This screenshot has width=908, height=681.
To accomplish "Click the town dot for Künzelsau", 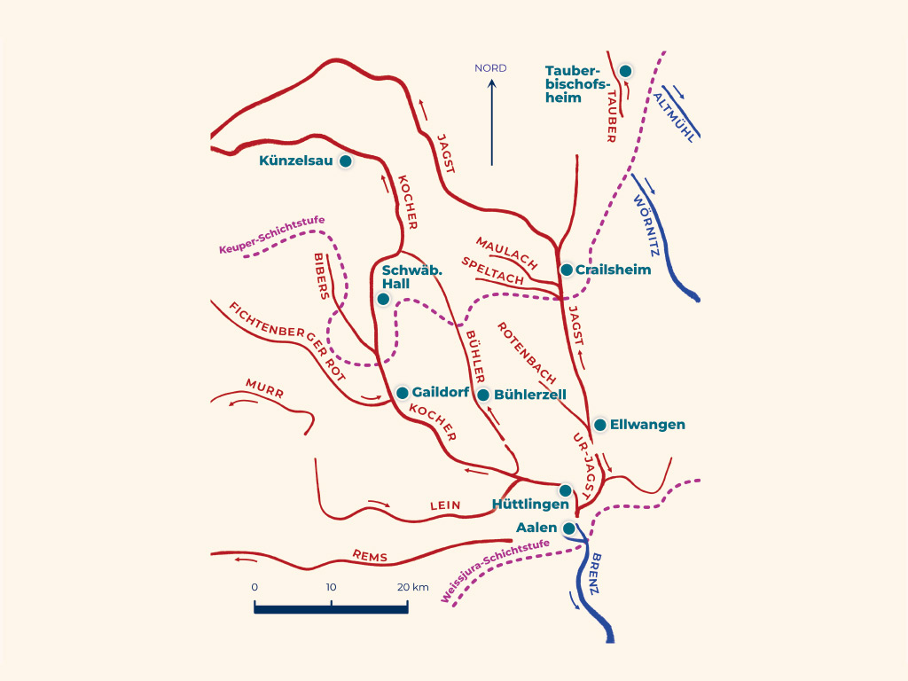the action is (x=345, y=161).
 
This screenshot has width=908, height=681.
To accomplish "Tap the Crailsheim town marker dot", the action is (x=567, y=270).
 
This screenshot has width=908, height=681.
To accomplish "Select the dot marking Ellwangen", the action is (x=600, y=425).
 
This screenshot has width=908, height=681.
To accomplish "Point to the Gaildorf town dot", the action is (x=402, y=393).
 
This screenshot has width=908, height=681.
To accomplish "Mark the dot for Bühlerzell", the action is (x=483, y=395).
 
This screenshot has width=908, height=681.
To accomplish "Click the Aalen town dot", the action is (x=569, y=528).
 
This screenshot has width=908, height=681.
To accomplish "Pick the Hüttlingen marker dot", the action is (x=565, y=490).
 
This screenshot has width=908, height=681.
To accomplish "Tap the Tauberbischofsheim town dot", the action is (x=625, y=71).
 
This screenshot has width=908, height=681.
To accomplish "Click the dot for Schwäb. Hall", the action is (x=383, y=299).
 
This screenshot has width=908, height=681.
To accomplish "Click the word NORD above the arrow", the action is (x=490, y=67).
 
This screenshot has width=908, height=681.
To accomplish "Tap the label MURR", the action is (x=264, y=388).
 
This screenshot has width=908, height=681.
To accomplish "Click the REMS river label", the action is (x=370, y=556).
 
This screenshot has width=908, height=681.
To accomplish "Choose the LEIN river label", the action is (x=445, y=505).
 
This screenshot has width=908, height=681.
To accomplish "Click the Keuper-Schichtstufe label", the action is (x=271, y=234).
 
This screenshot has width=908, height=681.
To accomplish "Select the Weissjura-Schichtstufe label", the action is (x=495, y=570).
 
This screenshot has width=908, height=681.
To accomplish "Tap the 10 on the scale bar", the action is (x=332, y=587).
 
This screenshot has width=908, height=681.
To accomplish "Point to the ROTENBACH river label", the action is (x=527, y=353).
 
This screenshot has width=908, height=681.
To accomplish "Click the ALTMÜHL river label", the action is (x=674, y=118).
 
